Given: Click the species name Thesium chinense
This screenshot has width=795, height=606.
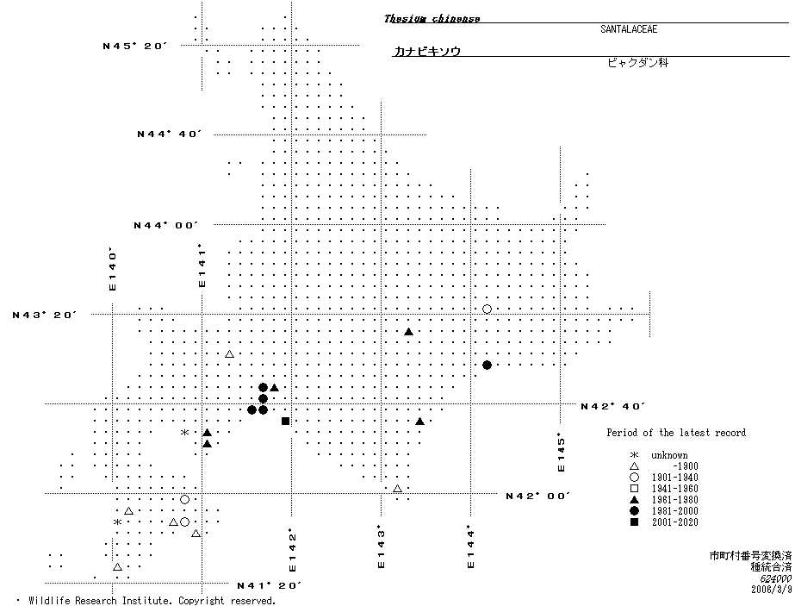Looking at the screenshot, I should click(432, 18).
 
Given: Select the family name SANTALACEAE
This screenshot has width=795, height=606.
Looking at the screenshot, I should click(629, 29).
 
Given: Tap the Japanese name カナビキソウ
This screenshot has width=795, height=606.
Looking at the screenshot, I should click(427, 52).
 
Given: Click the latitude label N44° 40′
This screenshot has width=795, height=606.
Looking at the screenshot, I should click(169, 134).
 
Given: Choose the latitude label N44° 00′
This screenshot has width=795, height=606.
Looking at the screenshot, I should click(166, 225).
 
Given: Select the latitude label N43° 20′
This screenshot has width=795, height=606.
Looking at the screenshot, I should click(45, 315).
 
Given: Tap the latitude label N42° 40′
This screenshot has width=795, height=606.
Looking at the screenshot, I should click(613, 406).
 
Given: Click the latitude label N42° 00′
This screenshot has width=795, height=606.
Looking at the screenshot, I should click(538, 496).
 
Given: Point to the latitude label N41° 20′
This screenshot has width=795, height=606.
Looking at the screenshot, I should click(269, 585).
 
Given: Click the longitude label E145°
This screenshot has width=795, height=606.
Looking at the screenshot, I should click(561, 453).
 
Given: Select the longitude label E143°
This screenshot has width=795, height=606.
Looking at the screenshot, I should click(381, 547).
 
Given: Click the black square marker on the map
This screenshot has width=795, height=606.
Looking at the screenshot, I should click(285, 421).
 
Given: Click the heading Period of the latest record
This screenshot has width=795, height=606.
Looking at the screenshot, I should click(676, 433).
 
